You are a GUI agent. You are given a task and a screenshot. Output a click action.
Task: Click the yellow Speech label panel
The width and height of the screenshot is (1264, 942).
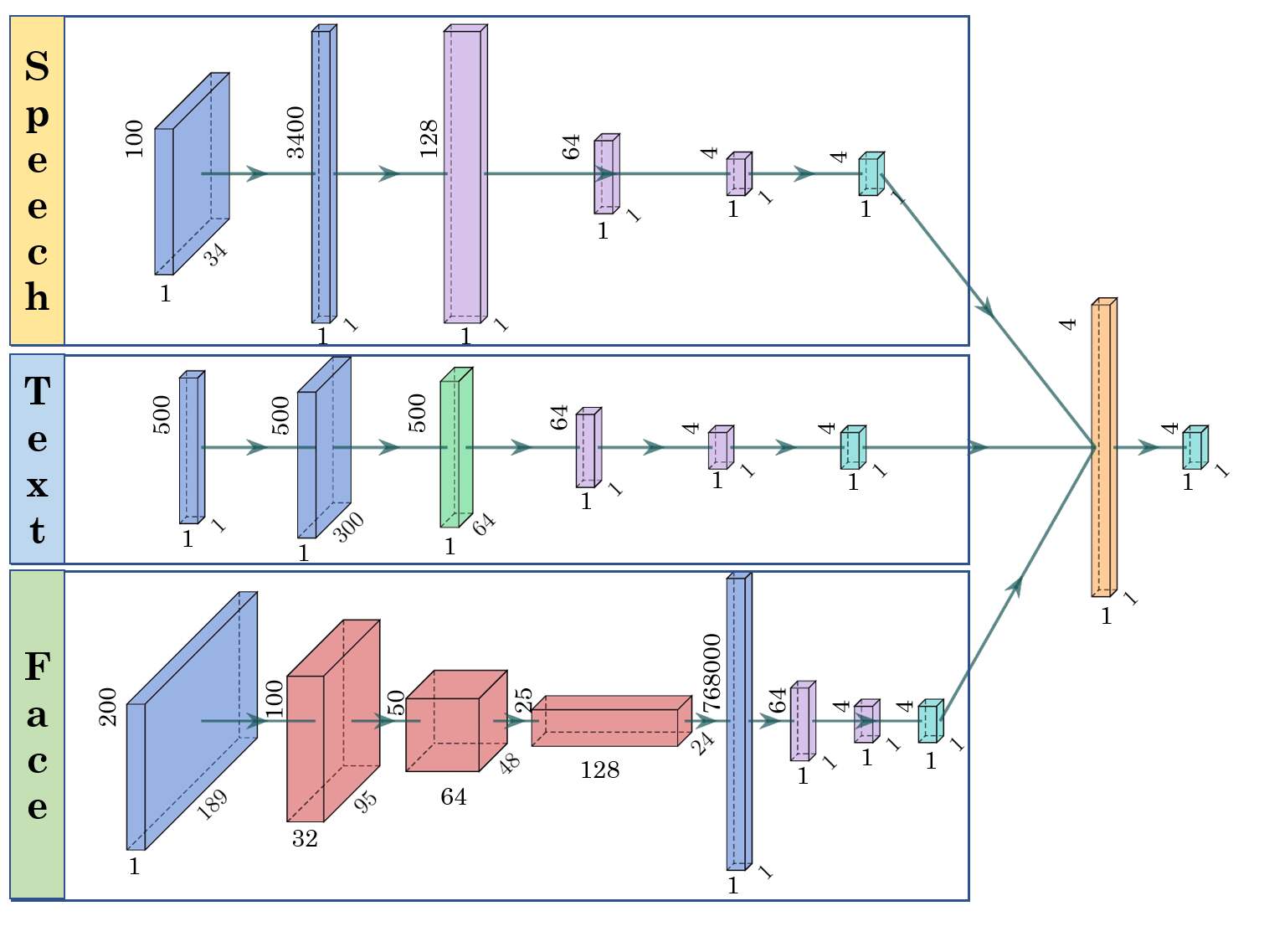(37, 180)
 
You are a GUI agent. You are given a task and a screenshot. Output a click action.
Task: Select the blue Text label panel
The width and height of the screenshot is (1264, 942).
(37, 459)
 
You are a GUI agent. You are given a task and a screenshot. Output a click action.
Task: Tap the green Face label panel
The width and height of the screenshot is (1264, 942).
(37, 734)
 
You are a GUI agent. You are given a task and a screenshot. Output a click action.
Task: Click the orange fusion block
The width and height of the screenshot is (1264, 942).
(1103, 448)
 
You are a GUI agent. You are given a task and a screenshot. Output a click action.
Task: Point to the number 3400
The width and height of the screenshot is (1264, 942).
(295, 132)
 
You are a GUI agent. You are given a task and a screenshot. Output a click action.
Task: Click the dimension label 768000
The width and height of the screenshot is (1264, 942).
(711, 673)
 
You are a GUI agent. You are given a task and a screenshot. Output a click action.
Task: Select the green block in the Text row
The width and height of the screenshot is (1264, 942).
(455, 448)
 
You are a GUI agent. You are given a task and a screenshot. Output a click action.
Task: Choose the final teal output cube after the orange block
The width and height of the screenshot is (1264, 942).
(1194, 448)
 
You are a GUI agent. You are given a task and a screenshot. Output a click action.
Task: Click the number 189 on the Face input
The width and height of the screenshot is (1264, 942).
(212, 805)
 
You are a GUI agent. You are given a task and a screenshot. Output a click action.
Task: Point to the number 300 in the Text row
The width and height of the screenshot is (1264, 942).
(349, 527)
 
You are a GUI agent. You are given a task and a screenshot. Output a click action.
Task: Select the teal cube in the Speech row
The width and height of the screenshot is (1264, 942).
(871, 174)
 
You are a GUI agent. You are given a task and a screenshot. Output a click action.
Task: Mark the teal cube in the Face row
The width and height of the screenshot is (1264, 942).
(929, 722)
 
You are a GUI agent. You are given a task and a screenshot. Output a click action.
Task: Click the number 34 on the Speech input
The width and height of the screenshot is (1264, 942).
(216, 254)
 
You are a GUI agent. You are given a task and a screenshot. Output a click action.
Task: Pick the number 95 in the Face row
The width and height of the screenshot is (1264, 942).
(365, 801)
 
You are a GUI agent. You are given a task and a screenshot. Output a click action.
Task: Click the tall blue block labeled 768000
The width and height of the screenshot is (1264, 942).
(737, 722)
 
